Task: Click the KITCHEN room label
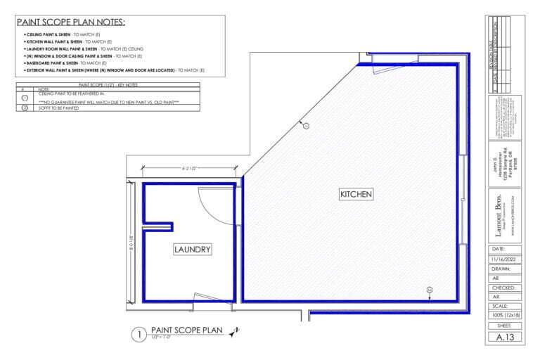(x=356, y=193)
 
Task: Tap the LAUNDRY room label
(x=192, y=249)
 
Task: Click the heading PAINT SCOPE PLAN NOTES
(x=70, y=22)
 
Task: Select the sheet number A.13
(x=505, y=337)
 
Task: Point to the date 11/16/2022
(x=505, y=259)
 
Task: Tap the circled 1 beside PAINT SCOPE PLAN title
(x=138, y=335)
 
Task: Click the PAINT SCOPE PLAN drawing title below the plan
(x=186, y=329)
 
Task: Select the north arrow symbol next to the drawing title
(x=234, y=332)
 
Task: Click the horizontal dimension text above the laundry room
(x=188, y=168)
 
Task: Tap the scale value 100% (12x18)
(x=505, y=316)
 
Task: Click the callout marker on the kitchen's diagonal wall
(x=305, y=126)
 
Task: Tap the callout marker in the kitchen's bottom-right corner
(x=430, y=289)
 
